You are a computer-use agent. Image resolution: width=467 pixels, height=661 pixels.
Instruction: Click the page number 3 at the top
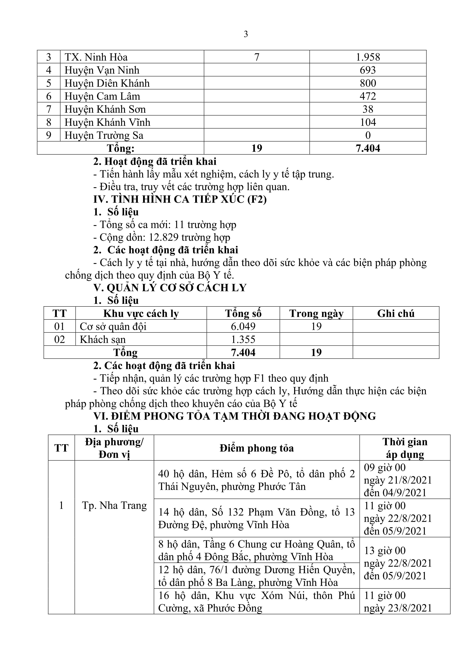245,34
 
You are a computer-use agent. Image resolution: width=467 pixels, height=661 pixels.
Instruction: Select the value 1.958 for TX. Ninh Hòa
368,57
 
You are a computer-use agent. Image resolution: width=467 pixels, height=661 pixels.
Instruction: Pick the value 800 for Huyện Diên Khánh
368,83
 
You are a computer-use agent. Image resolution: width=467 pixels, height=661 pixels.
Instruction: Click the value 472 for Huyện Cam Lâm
368,96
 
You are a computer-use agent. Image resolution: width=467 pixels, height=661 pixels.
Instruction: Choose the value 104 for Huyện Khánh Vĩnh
368,122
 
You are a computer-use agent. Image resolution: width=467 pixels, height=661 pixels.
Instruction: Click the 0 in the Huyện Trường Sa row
368,135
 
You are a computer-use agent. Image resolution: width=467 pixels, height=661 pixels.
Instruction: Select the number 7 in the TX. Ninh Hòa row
257,57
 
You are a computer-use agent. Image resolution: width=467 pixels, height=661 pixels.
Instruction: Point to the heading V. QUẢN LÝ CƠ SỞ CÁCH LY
170,288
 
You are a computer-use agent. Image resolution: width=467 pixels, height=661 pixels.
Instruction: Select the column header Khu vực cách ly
141,313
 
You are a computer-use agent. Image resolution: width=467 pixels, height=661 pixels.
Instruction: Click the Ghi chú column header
396,313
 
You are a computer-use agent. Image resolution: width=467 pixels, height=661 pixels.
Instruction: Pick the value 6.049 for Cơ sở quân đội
243,326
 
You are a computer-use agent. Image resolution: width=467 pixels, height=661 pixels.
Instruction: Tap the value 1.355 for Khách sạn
243,339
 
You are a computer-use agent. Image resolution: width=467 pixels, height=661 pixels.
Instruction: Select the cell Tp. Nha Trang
114,505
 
